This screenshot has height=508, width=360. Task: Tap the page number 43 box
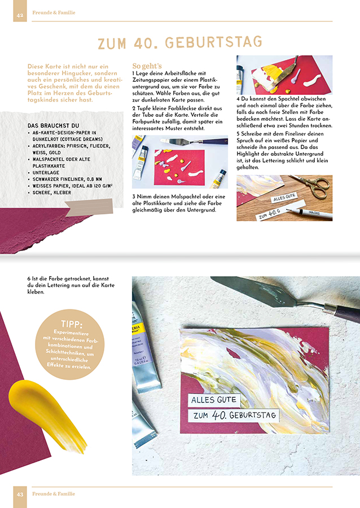click(20, 494)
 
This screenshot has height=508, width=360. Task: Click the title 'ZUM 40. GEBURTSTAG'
click(180, 43)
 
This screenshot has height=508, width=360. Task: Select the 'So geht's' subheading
click(147, 65)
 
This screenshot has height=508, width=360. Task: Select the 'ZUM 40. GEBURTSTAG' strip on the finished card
click(235, 415)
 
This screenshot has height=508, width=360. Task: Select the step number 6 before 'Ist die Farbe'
click(29, 279)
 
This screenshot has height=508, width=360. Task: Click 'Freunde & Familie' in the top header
click(54, 12)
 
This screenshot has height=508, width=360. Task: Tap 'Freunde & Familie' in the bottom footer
click(54, 494)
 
